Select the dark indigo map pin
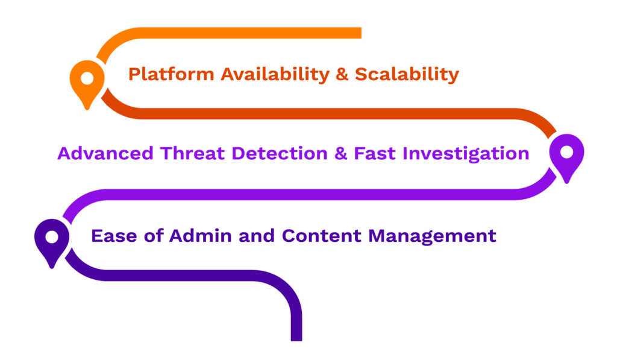pos(52,241)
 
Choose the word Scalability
pos(407,75)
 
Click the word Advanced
pos(105,153)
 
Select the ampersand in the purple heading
pos(341,153)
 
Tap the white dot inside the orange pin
pos(87,78)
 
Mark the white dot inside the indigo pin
pos(52,236)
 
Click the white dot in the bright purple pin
pos(566,151)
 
